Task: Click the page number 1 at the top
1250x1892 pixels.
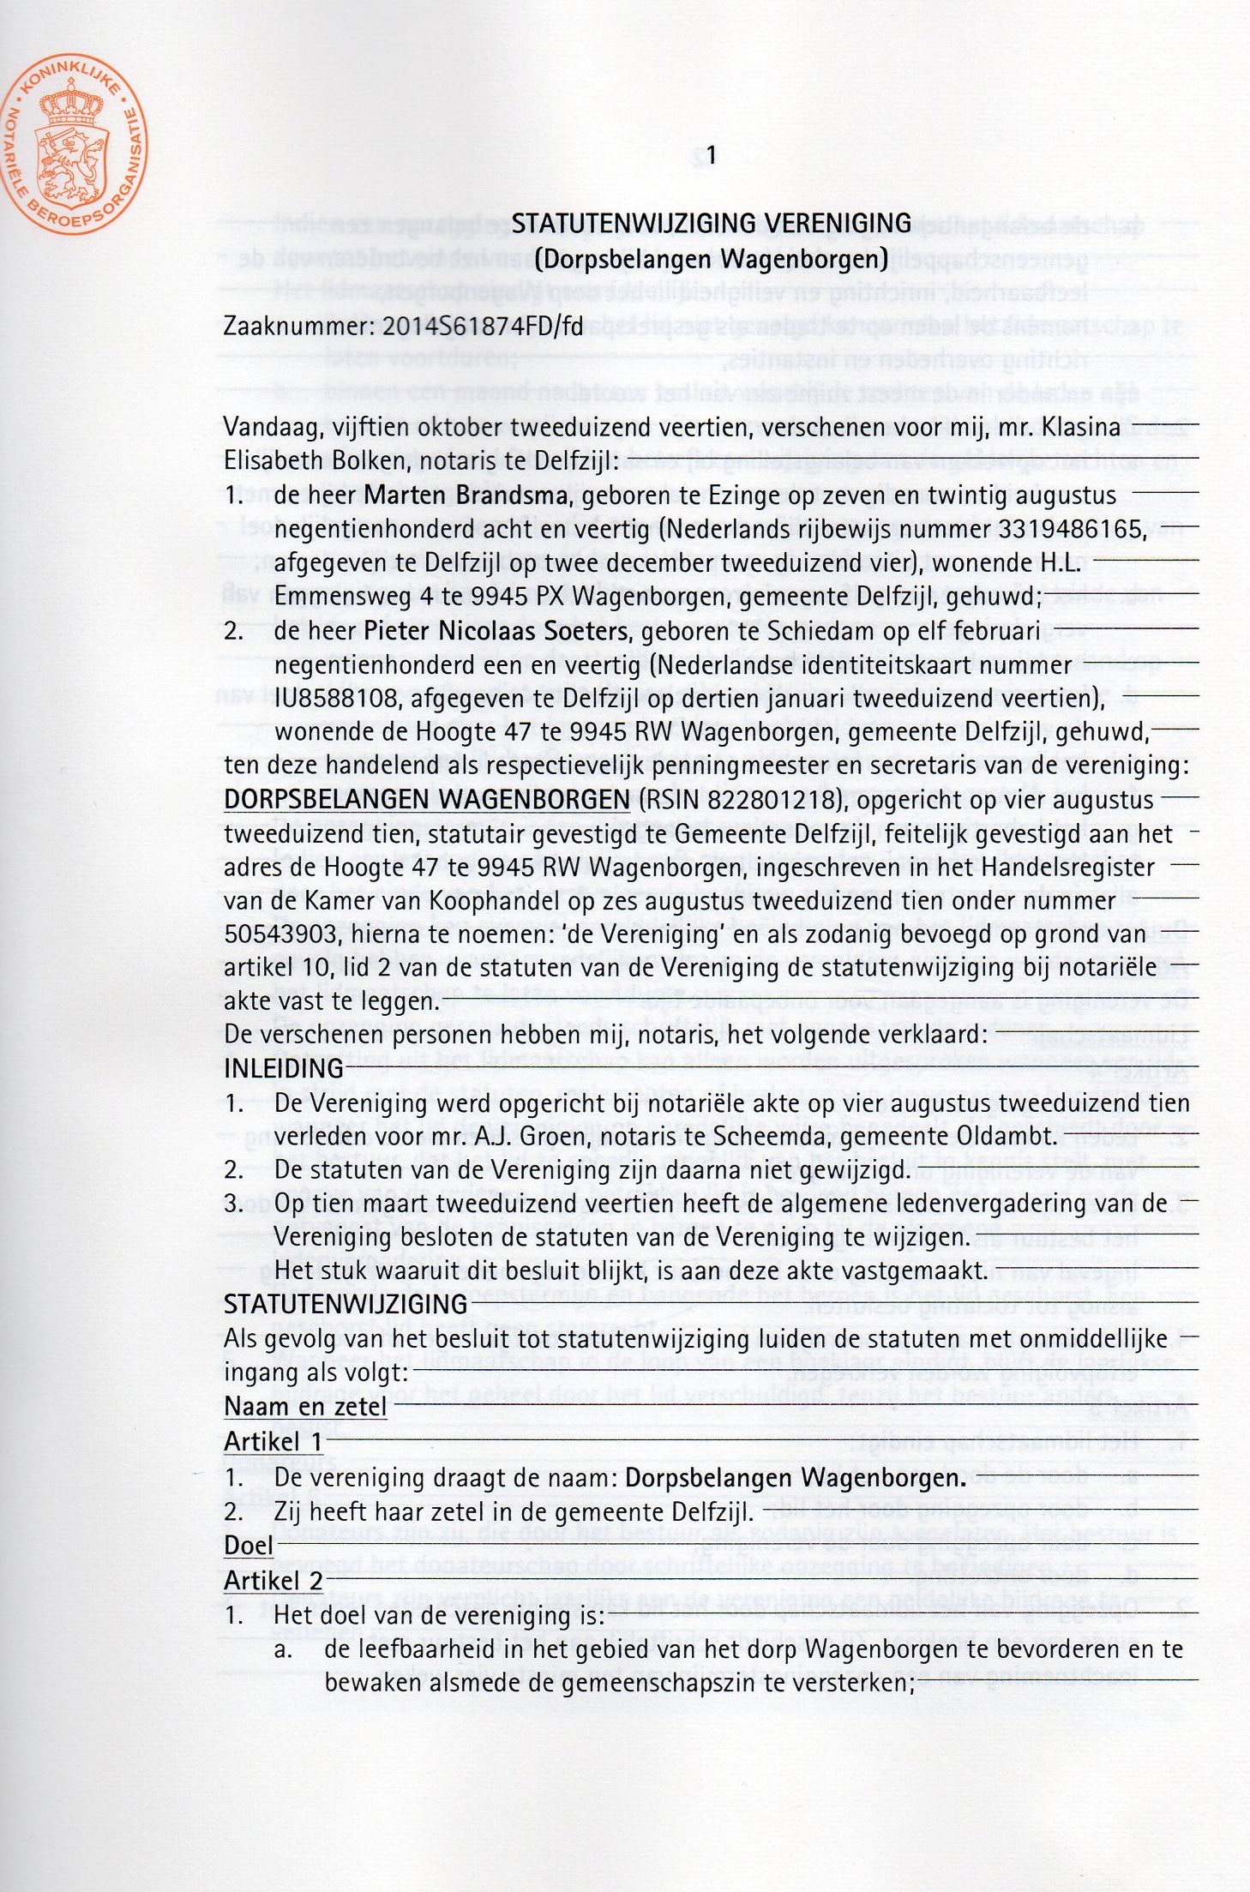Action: point(710,155)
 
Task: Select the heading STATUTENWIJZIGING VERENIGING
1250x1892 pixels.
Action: point(711,224)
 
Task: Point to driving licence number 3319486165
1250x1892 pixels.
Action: point(1072,530)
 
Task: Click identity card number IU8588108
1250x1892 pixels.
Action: point(339,700)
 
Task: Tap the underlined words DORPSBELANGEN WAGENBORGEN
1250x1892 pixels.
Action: point(426,800)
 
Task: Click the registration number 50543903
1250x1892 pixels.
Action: point(274,934)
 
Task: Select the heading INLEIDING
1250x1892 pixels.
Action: point(283,1069)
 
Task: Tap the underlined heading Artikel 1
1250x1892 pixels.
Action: point(273,1442)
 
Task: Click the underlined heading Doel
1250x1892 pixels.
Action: point(248,1546)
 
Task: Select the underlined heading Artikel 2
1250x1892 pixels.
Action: point(273,1580)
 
